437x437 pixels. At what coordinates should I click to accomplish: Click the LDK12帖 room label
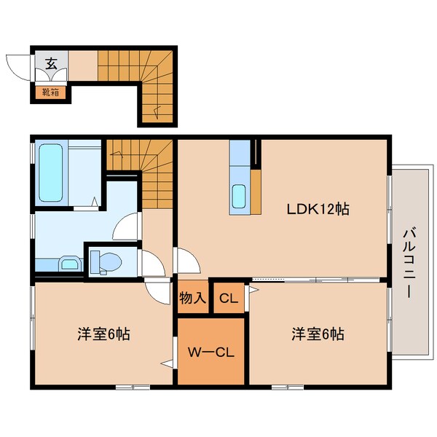click(x=318, y=209)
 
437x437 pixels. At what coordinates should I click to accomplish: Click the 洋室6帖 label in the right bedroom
click(x=318, y=334)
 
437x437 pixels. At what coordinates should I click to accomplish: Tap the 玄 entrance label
click(x=52, y=63)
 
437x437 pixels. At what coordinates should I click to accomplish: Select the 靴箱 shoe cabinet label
click(x=50, y=92)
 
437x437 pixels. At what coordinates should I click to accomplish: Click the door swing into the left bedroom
click(x=157, y=293)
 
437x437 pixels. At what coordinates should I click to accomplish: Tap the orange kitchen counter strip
click(x=256, y=192)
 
